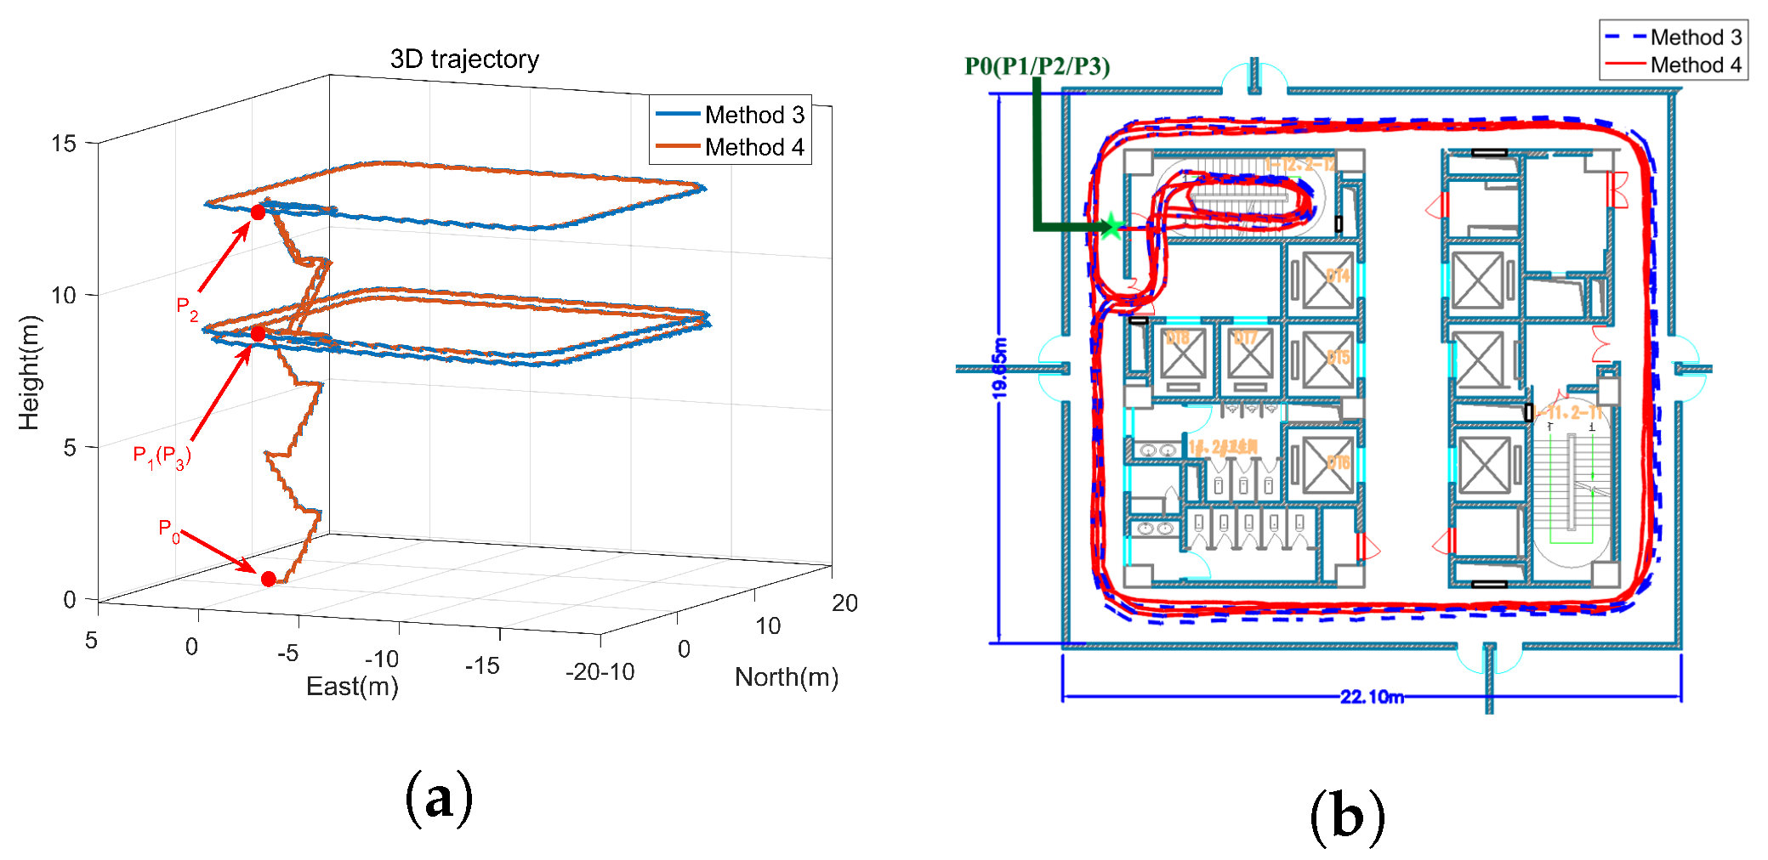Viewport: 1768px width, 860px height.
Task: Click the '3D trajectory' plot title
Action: coord(464,59)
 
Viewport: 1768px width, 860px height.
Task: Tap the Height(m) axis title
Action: coord(29,372)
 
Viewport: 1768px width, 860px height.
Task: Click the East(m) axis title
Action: coord(352,687)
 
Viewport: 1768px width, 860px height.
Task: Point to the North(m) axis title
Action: coord(786,677)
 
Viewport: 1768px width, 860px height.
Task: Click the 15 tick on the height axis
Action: coord(64,144)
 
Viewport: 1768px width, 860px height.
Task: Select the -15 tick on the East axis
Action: coord(482,666)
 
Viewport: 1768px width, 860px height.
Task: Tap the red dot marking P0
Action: coord(269,579)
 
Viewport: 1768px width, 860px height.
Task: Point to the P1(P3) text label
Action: coord(162,456)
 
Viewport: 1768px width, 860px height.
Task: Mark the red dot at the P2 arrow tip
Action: coord(258,212)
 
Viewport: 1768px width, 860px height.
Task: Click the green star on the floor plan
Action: coord(1111,226)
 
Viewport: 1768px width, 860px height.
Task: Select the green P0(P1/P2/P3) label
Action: coord(1037,66)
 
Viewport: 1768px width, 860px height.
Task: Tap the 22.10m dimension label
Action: coord(1371,697)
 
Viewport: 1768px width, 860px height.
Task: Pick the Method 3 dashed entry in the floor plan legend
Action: coord(1673,37)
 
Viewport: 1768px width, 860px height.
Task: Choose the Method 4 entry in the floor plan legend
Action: coord(1673,65)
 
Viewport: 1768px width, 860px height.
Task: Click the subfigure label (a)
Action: coord(439,799)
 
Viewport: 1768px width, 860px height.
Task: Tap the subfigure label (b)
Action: coord(1347,816)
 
